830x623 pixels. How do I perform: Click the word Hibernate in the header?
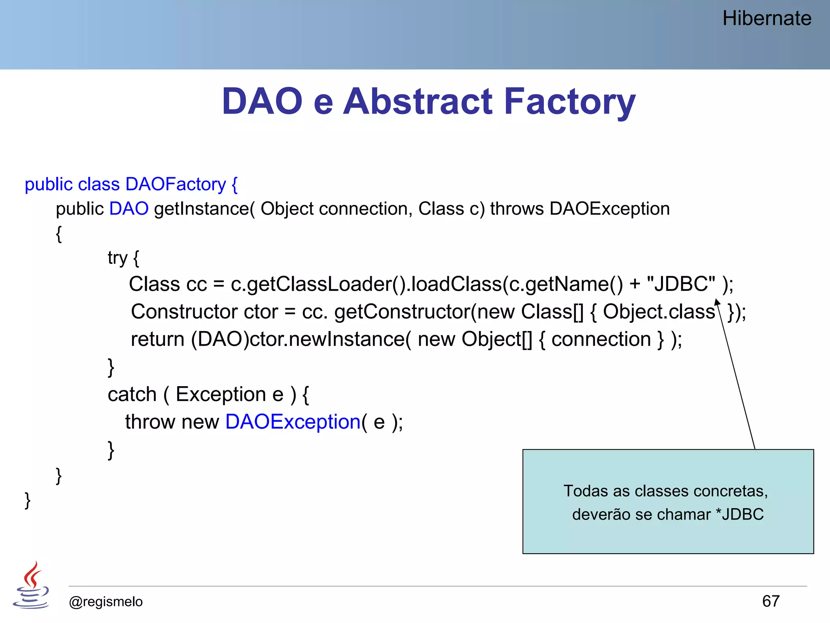pyautogui.click(x=767, y=19)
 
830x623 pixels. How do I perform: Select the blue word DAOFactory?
pyautogui.click(x=175, y=185)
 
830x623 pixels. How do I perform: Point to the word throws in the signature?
pyautogui.click(x=517, y=209)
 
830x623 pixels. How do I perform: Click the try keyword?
pyautogui.click(x=118, y=258)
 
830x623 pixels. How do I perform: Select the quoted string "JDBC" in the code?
pyautogui.click(x=681, y=284)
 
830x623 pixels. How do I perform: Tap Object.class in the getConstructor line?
pyautogui.click(x=659, y=312)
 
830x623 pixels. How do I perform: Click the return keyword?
pyautogui.click(x=158, y=339)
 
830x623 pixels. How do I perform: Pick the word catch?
pyautogui.click(x=132, y=395)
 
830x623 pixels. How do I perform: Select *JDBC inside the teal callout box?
pyautogui.click(x=740, y=514)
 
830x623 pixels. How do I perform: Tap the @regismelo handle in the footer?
pyautogui.click(x=106, y=602)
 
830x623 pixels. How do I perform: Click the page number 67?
pyautogui.click(x=770, y=601)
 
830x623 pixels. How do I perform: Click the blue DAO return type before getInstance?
pyautogui.click(x=129, y=209)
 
